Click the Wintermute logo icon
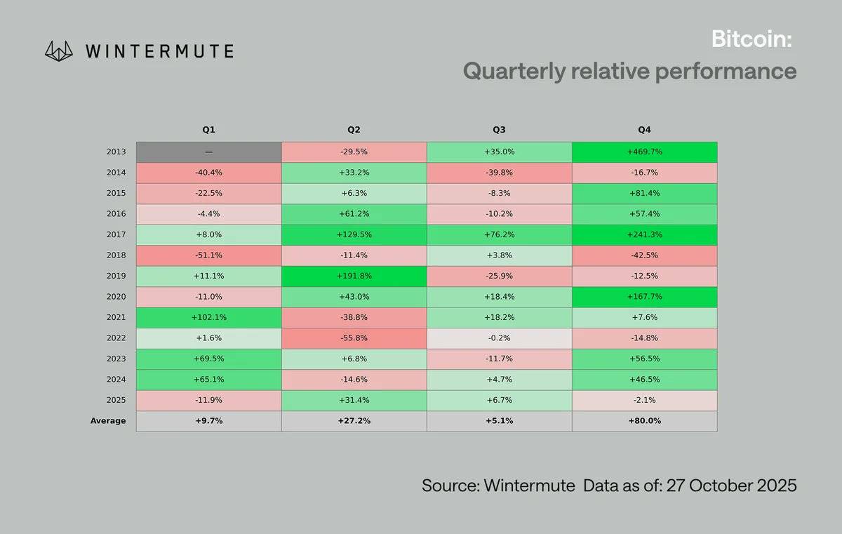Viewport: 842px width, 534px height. (60, 51)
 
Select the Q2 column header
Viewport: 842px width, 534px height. (354, 130)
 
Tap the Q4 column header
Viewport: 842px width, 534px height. (644, 130)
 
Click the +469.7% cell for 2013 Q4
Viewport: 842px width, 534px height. (644, 152)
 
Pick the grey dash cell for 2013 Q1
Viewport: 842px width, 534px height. (208, 152)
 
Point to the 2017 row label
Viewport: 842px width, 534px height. (116, 234)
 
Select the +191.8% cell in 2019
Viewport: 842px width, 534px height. (354, 276)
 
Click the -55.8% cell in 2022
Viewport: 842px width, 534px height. (354, 338)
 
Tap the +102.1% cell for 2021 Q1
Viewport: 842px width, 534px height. (208, 317)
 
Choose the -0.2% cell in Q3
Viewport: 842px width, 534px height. (499, 338)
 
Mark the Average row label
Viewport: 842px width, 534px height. (108, 421)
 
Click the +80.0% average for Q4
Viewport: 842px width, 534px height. (644, 421)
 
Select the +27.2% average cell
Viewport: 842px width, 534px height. (354, 421)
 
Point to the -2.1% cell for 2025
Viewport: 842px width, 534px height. (644, 400)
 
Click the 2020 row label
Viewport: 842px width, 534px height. (116, 297)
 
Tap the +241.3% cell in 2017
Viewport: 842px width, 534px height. (644, 234)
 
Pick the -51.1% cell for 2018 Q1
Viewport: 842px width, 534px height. (208, 255)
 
